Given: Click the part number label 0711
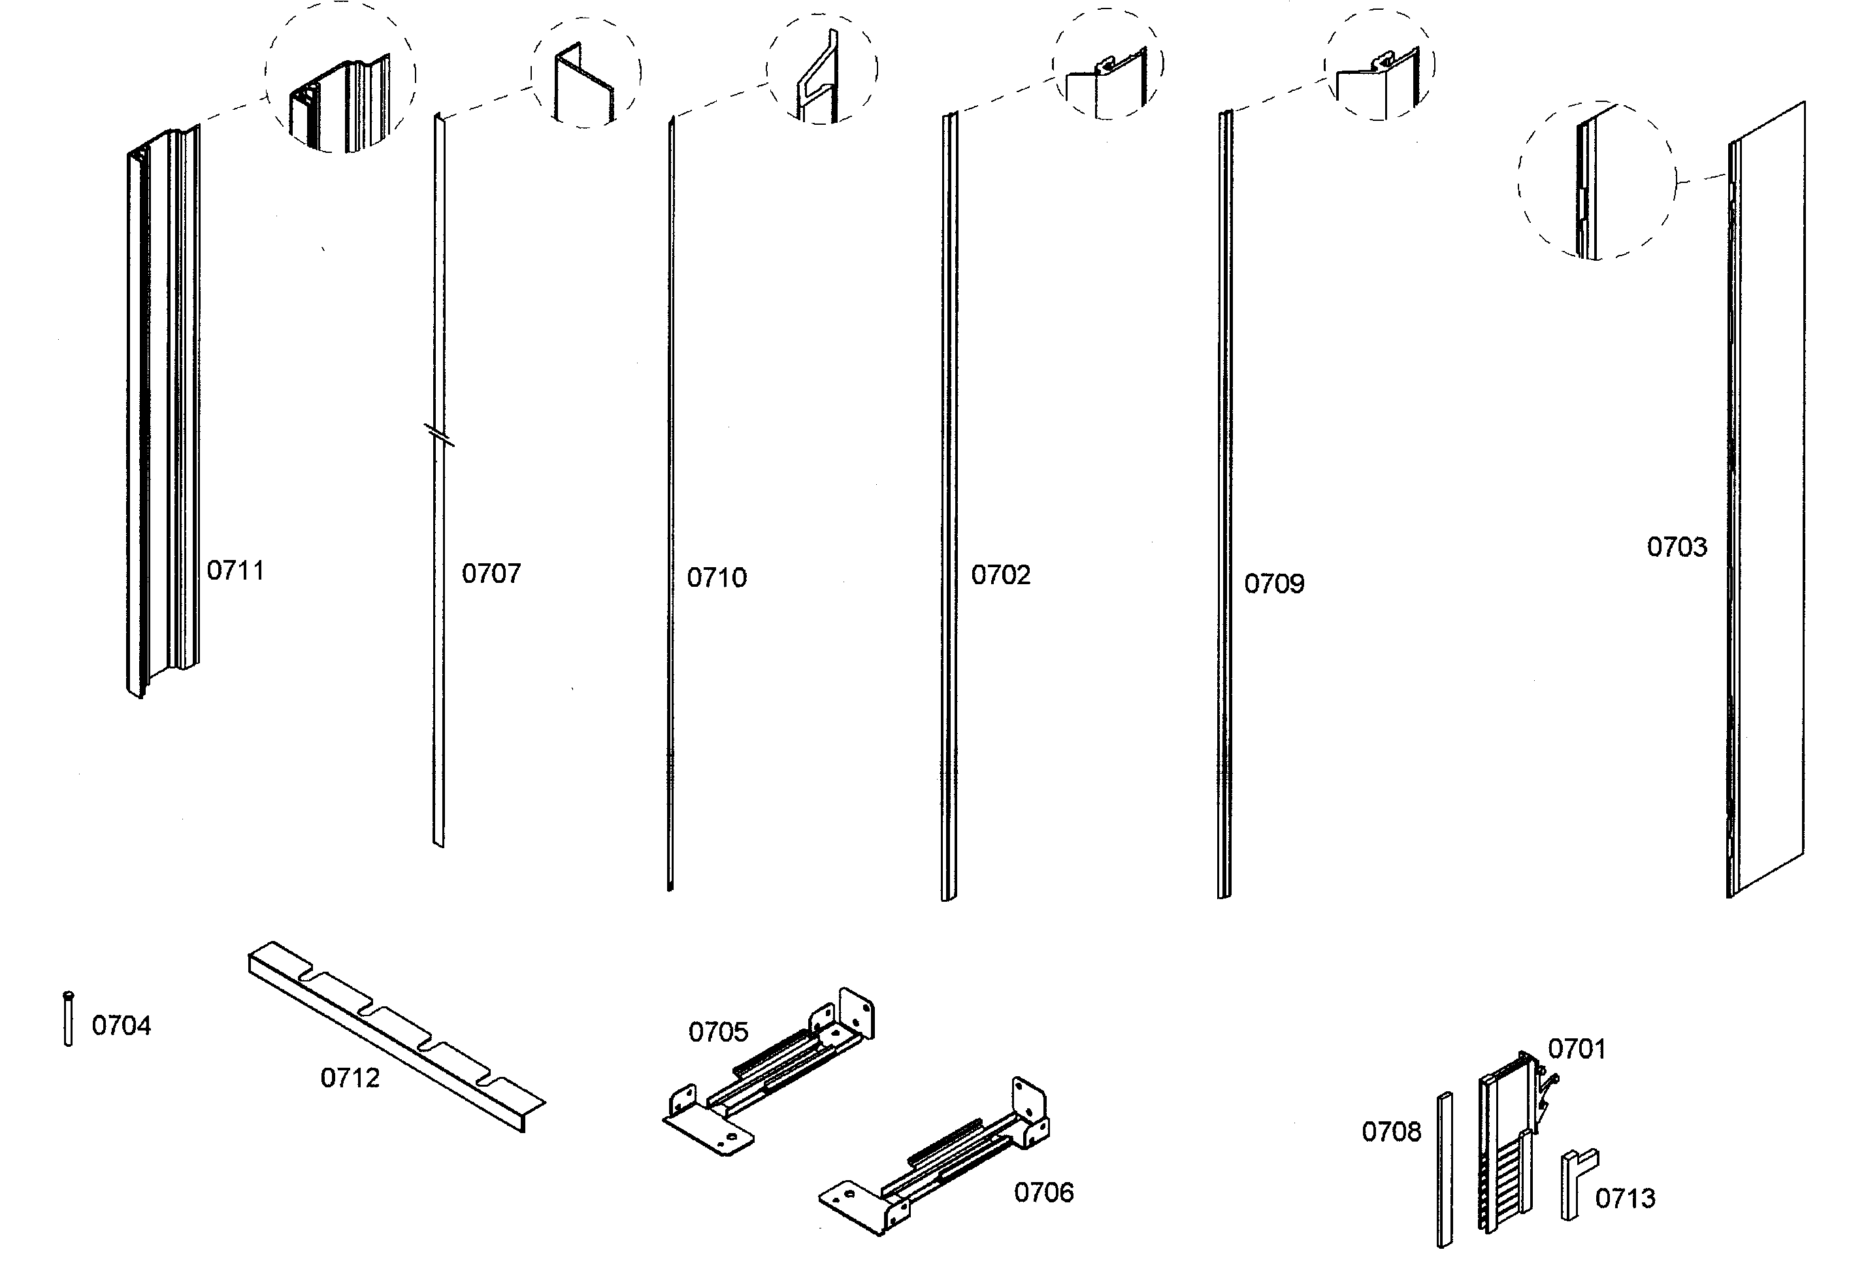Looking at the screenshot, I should coord(235,570).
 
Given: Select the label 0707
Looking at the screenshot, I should coord(491,574).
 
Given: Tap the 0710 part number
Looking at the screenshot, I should coord(717,578).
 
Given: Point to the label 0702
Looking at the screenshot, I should coord(1000,575).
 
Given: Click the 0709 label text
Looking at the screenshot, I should coord(1273,584).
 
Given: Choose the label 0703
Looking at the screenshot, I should coord(1677,548).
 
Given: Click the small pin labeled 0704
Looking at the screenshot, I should coord(69,1019).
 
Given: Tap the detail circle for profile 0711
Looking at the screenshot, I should coord(340,78).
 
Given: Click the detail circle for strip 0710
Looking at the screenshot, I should coord(822,70).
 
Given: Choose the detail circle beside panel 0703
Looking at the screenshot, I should coord(1596,181).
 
